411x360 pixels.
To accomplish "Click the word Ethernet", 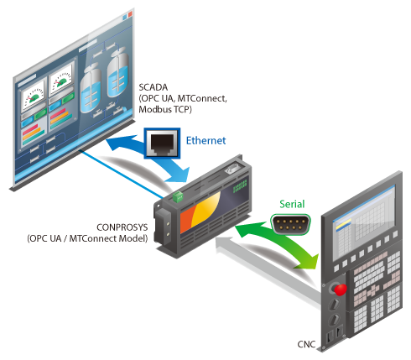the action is [x=205, y=140].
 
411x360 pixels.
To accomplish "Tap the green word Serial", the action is [x=292, y=204].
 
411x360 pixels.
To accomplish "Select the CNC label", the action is [x=306, y=344].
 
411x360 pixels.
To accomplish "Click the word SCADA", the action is [x=153, y=87].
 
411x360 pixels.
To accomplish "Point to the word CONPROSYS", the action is [x=122, y=227].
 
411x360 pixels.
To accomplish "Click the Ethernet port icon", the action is [x=162, y=143].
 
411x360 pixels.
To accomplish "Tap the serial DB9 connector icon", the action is [x=291, y=224].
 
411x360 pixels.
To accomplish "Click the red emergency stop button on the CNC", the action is [x=341, y=290].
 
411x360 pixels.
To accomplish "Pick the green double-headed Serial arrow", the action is [x=279, y=242].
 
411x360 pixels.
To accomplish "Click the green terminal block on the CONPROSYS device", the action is [x=178, y=196].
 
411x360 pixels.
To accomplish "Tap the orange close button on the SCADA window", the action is [x=130, y=14].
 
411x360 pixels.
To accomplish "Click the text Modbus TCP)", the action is [x=165, y=109].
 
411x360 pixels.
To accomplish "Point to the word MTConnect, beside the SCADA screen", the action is [x=202, y=98].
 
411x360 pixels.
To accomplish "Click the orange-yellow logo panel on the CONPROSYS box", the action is [x=200, y=212].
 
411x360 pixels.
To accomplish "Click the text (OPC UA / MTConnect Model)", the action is [x=87, y=238].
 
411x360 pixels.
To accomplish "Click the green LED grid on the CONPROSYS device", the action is [x=240, y=186].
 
